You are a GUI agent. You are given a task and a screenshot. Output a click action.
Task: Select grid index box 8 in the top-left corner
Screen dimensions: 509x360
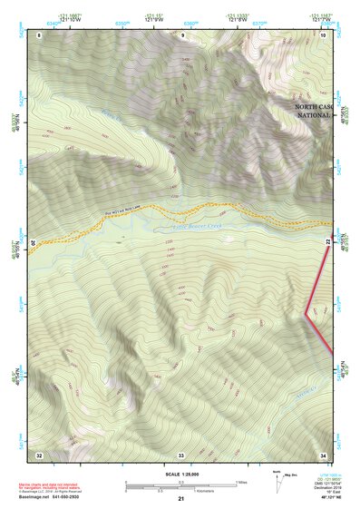39,35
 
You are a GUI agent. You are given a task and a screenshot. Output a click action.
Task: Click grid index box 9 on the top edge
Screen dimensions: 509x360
182,35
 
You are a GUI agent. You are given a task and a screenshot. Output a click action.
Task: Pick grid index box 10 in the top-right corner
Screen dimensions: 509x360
324,35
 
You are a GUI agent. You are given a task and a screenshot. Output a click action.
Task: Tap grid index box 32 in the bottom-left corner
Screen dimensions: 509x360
39,454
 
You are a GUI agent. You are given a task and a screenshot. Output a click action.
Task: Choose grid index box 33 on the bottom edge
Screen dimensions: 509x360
180,454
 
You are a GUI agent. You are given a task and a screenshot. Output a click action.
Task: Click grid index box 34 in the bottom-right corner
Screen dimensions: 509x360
324,454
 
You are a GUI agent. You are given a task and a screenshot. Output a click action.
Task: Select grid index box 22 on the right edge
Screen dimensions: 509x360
328,241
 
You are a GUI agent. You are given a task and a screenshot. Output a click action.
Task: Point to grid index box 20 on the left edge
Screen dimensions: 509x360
34,243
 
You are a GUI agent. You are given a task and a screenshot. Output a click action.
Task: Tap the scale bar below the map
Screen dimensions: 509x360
180,485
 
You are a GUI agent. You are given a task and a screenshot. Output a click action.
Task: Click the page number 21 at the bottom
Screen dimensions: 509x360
181,499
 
